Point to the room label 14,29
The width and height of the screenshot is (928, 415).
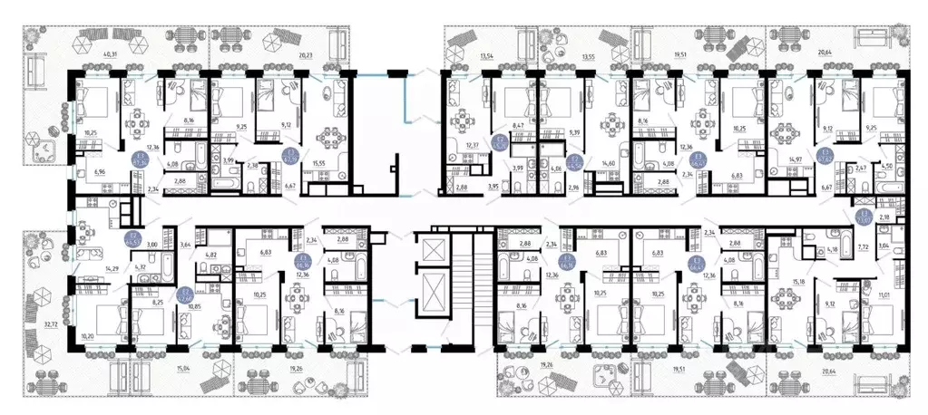point(87,268)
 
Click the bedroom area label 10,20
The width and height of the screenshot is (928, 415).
point(87,335)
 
